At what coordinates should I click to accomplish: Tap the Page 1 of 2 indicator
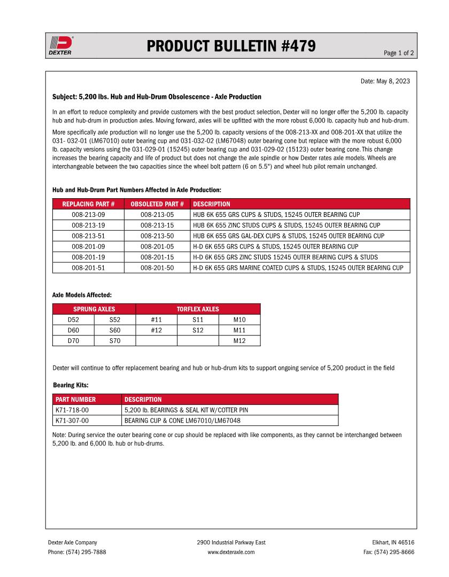[399, 53]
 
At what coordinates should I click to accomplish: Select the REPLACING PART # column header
[88, 204]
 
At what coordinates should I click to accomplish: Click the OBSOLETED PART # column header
[157, 204]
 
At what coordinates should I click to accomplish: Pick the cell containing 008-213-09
[88, 215]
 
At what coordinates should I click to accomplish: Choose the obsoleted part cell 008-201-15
[157, 257]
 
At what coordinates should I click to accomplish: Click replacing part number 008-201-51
[88, 268]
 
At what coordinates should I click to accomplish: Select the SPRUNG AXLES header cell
[94, 309]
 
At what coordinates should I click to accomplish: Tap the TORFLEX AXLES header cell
[198, 309]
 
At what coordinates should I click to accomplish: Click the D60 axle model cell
[73, 330]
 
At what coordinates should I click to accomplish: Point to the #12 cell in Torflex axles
[156, 330]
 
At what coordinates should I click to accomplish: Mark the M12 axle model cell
[239, 341]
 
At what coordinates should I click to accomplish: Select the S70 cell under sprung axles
[114, 341]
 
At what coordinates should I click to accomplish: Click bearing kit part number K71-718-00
[72, 410]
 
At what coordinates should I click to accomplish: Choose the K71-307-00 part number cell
[72, 420]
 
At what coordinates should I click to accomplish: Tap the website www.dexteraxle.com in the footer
[231, 552]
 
